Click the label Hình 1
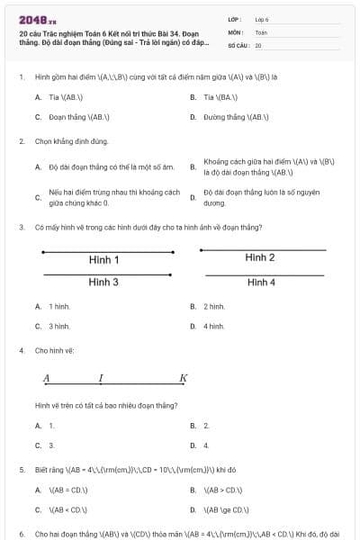pos(103,260)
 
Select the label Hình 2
pos(260,258)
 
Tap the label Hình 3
pos(103,282)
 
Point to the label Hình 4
pos(260,282)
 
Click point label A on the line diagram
pos(45,378)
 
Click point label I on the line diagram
pos(101,378)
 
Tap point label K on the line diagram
pos(183,378)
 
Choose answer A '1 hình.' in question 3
pos(59,306)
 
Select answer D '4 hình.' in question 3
pos(213,326)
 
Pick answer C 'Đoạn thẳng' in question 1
pos(72,117)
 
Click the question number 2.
pos(22,141)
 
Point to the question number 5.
pos(22,470)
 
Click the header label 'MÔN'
pos(236,31)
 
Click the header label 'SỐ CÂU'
pos(238,44)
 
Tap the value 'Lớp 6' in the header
pos(262,19)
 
